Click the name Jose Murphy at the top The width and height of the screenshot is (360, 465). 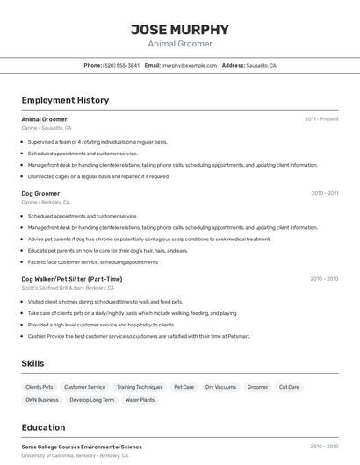pyautogui.click(x=180, y=29)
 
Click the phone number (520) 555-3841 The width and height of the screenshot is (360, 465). pyautogui.click(x=121, y=66)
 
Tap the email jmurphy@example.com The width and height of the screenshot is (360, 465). pyautogui.click(x=190, y=66)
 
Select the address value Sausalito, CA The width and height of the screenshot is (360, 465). pyautogui.click(x=261, y=66)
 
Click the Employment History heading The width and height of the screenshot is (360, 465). pyautogui.click(x=65, y=100)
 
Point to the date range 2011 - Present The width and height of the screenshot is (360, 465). pyautogui.click(x=321, y=118)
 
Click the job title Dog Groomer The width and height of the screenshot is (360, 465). pyautogui.click(x=40, y=193)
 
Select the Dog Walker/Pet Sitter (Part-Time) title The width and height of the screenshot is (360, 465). pyautogui.click(x=72, y=279)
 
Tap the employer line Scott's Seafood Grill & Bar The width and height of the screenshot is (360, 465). pyautogui.click(x=68, y=288)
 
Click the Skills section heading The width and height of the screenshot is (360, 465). pyautogui.click(x=32, y=363)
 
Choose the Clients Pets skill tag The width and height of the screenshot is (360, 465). pyautogui.click(x=40, y=387)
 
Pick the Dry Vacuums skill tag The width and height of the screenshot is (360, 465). pyautogui.click(x=220, y=387)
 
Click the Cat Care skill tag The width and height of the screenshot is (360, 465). pyautogui.click(x=289, y=387)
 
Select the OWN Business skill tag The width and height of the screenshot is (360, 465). pyautogui.click(x=42, y=400)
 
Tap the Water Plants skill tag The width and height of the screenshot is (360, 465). pyautogui.click(x=140, y=400)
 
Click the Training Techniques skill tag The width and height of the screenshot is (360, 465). pyautogui.click(x=140, y=387)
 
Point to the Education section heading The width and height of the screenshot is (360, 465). pyautogui.click(x=43, y=427)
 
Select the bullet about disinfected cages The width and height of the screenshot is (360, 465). pyautogui.click(x=98, y=176)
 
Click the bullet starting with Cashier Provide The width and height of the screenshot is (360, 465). pyautogui.click(x=139, y=336)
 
